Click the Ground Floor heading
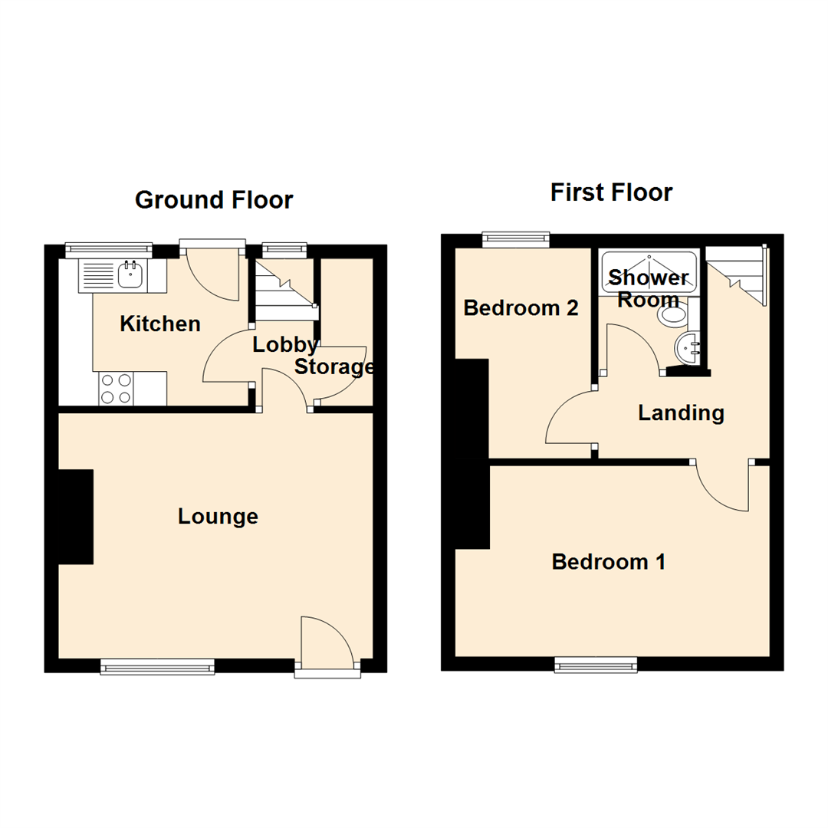coord(214,200)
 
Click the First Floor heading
coord(611,192)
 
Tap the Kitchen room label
coord(160,324)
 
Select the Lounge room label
coord(218,517)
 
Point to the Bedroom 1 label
coord(608,562)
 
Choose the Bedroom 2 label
coord(521,308)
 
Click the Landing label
coord(681,413)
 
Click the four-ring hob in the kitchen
coord(115,387)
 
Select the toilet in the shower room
coord(672,314)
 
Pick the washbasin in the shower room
coord(687,349)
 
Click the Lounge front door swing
coord(326,640)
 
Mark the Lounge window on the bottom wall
coord(157,667)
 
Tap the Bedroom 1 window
coord(596,665)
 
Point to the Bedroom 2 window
coord(516,239)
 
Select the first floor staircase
coord(736,276)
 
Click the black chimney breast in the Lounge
coord(76,517)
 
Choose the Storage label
coord(335,367)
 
